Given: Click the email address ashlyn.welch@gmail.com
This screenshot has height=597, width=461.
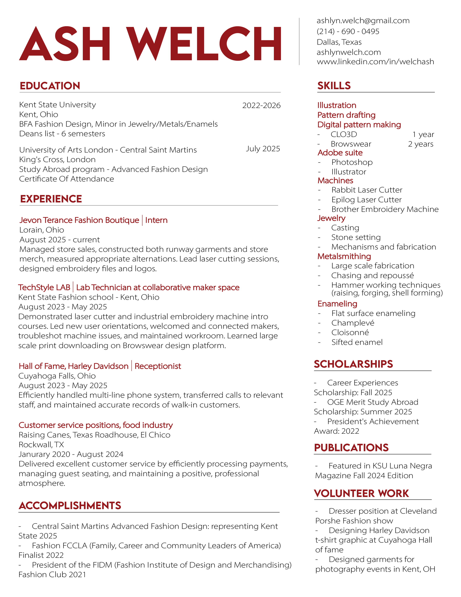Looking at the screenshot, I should (x=363, y=21).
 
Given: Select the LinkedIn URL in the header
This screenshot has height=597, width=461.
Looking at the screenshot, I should (x=375, y=62).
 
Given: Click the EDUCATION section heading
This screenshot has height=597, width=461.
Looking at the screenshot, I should (x=50, y=86).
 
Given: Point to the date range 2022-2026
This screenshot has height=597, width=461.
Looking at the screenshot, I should (x=261, y=106).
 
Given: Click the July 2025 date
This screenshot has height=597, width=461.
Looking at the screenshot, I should (x=263, y=149).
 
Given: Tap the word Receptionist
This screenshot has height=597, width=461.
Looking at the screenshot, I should (x=158, y=366).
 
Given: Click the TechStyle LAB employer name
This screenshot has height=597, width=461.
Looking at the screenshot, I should (x=44, y=287).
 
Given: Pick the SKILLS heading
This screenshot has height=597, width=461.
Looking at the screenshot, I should (x=334, y=86).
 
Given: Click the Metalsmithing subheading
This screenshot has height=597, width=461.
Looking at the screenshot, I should (x=344, y=256).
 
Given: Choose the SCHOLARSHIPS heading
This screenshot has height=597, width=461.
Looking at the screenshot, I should (x=353, y=364).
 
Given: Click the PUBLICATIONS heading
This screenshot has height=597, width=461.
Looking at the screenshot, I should (x=351, y=448).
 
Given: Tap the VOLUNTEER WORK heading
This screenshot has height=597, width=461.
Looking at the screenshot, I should (x=361, y=493).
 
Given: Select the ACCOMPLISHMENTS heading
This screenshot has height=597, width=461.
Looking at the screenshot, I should (x=70, y=505).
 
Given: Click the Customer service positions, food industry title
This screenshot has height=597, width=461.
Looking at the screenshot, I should (x=96, y=425).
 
